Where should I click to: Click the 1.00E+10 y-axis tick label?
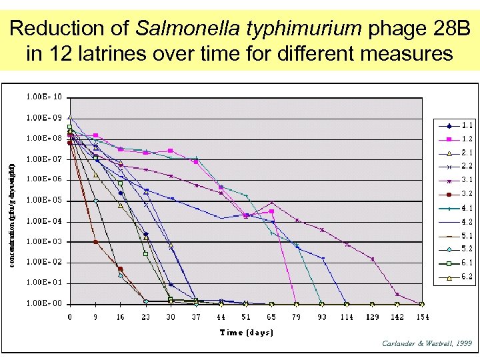pos(45,97)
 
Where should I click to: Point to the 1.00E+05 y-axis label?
pos(45,200)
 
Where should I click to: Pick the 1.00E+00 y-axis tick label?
pos(45,303)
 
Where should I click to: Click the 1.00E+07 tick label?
pos(45,159)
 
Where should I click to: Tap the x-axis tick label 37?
pos(196,317)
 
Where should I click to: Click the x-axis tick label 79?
pos(297,317)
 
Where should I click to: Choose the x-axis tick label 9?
pos(95,317)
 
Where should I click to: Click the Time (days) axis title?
pos(246,332)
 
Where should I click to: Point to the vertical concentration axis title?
pos(12,199)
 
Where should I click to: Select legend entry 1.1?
pos(467,125)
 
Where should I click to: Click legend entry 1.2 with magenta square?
pos(467,139)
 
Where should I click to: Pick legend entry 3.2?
pos(467,194)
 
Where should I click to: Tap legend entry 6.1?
pos(467,263)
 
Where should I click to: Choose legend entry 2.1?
pos(467,153)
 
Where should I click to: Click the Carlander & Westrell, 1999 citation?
pos(427,343)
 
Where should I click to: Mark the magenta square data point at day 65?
pos(271,211)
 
